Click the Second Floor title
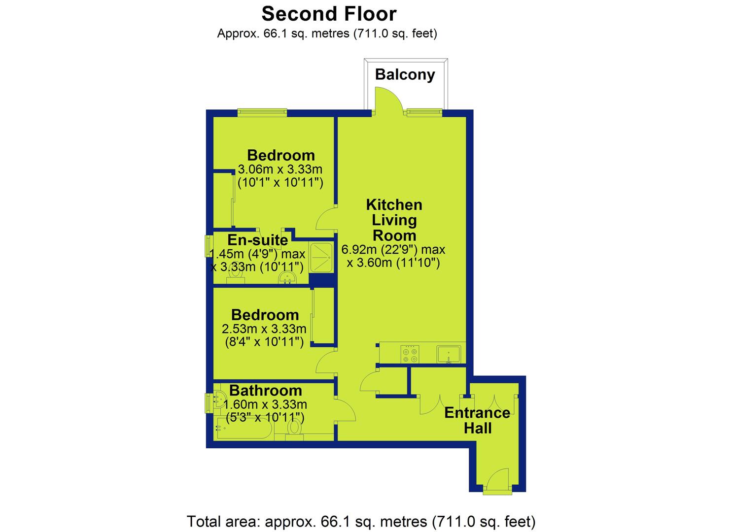tap(329, 14)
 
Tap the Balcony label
tap(405, 75)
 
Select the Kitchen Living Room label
tap(394, 220)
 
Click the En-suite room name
tap(257, 240)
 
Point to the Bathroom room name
tap(265, 391)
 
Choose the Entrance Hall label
tap(477, 421)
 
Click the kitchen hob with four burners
tap(410, 354)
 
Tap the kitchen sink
tap(449, 355)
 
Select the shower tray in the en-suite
tap(321, 258)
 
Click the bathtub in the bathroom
tap(244, 429)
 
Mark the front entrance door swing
tap(498, 481)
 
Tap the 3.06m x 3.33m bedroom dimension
tap(280, 169)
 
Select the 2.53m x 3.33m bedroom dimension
tap(264, 329)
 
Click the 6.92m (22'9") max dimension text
tap(393, 250)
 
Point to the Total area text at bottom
tap(361, 522)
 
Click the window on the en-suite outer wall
tap(208, 246)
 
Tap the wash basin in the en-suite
tap(287, 279)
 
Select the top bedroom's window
tap(262, 113)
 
